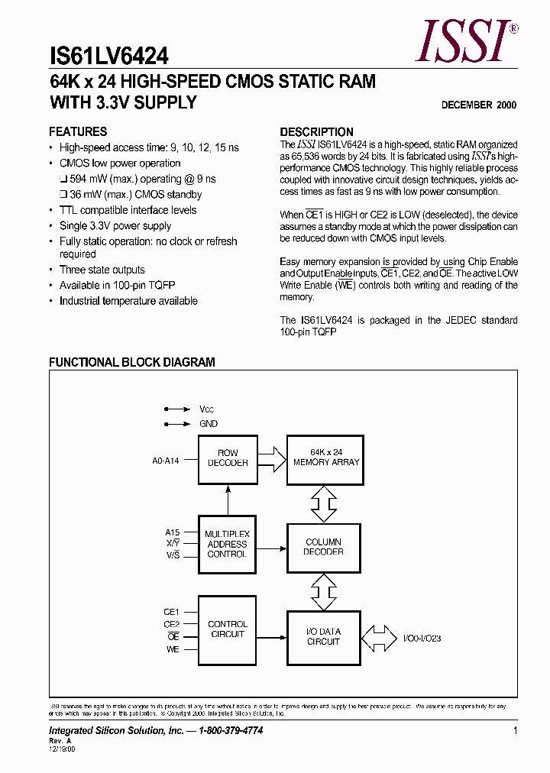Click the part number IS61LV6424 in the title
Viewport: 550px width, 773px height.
pyautogui.click(x=109, y=56)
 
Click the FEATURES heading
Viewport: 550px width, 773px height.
pyautogui.click(x=78, y=131)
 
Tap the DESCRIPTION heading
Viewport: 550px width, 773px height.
pyautogui.click(x=316, y=131)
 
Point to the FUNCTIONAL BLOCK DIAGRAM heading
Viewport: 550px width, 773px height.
pyautogui.click(x=131, y=362)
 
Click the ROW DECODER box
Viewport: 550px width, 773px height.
pyautogui.click(x=228, y=458)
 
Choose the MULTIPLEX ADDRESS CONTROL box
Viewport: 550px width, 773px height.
pyautogui.click(x=228, y=544)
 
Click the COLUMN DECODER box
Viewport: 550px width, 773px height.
pyautogui.click(x=323, y=546)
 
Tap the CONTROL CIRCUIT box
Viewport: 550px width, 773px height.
pyautogui.click(x=228, y=629)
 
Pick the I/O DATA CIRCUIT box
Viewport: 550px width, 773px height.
pyautogui.click(x=323, y=636)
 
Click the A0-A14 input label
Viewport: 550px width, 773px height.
pyautogui.click(x=166, y=461)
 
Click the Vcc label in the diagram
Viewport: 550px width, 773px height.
pyautogui.click(x=207, y=409)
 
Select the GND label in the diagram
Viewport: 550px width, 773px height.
pyautogui.click(x=208, y=424)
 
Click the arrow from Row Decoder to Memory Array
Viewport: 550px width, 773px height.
pyautogui.click(x=270, y=458)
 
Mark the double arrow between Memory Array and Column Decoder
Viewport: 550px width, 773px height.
pyautogui.click(x=324, y=503)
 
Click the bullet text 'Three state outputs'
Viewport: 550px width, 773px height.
pyautogui.click(x=102, y=270)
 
